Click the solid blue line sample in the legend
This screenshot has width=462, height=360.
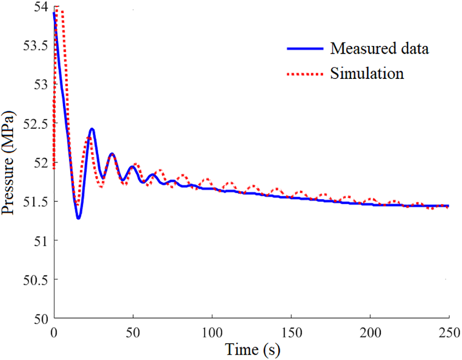click(x=304, y=48)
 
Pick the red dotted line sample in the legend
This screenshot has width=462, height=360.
click(x=304, y=74)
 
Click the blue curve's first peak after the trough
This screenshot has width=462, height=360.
click(x=92, y=129)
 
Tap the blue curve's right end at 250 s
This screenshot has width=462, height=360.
click(x=448, y=206)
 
